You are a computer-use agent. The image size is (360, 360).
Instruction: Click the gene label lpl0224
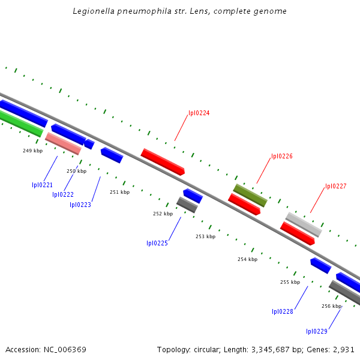(x=199, y=113)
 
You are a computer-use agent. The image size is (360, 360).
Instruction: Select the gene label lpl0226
(x=281, y=156)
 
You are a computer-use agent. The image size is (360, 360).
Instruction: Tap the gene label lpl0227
(x=335, y=186)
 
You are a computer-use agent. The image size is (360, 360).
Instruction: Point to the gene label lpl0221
(x=43, y=185)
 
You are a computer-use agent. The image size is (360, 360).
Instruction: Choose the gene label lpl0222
(x=63, y=194)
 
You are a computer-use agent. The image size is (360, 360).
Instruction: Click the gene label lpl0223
(x=80, y=205)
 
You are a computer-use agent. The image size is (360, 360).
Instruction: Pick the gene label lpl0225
(x=157, y=243)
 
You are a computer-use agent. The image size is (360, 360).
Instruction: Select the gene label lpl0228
(x=283, y=311)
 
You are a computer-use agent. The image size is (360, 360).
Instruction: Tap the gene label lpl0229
(x=316, y=331)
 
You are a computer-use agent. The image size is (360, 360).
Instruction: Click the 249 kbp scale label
(x=32, y=151)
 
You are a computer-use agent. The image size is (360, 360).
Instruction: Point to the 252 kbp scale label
(x=163, y=214)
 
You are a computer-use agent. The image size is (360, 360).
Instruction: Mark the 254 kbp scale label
(x=247, y=259)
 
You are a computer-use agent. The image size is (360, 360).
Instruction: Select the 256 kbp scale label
(x=331, y=306)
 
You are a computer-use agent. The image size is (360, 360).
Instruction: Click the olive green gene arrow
(x=250, y=195)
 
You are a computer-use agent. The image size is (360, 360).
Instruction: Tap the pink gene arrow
(x=63, y=143)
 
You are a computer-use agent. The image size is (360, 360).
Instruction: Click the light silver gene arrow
(x=304, y=224)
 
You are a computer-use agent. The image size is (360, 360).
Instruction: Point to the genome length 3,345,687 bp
(x=266, y=349)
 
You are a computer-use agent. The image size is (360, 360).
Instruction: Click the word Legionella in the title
(x=91, y=11)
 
